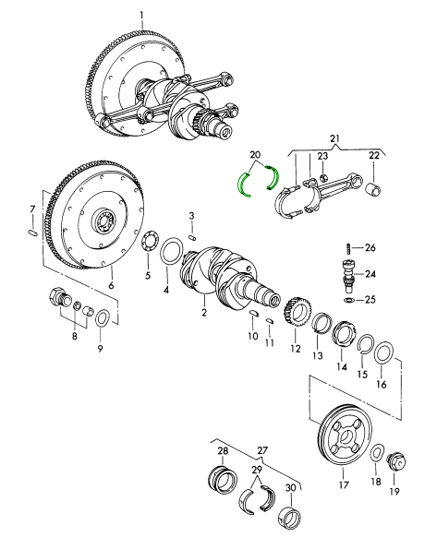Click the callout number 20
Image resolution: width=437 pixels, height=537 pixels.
(256, 155)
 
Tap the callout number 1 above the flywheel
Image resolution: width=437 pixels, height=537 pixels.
(142, 16)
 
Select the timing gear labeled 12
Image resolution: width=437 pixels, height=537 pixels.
(297, 314)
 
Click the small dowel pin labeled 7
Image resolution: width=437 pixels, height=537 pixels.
(31, 233)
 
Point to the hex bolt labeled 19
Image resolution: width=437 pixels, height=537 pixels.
(396, 462)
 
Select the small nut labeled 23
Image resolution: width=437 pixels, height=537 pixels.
(322, 177)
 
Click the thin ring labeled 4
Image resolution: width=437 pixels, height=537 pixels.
(172, 252)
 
